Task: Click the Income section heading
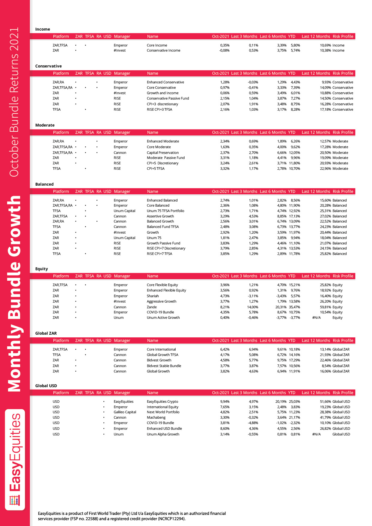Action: (x=43, y=29)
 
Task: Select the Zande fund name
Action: (x=152, y=307)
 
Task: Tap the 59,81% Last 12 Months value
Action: (x=325, y=307)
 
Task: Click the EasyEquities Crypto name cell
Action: (x=162, y=402)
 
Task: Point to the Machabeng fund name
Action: (x=156, y=417)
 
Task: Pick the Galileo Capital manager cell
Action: (x=125, y=412)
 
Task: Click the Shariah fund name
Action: (x=153, y=296)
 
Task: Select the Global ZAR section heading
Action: (x=46, y=333)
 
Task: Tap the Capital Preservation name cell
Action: (x=162, y=153)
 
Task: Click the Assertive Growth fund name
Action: (x=160, y=216)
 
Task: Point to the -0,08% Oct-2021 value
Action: (x=224, y=50)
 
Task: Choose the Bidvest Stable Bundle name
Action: (x=164, y=366)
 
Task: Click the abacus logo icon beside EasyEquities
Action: (x=15, y=501)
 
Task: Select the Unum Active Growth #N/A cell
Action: (x=316, y=318)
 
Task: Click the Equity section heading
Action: (x=41, y=269)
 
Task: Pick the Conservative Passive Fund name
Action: (x=168, y=98)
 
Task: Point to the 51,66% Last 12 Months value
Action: (x=325, y=402)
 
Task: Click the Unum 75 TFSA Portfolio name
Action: (x=165, y=211)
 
